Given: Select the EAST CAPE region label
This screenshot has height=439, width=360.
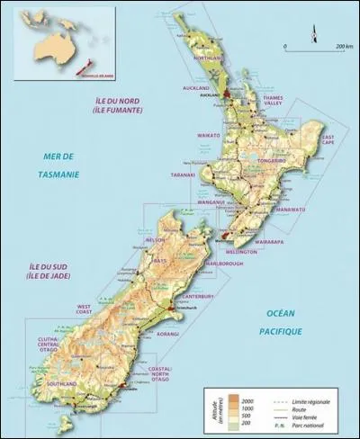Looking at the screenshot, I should click(310, 140).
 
